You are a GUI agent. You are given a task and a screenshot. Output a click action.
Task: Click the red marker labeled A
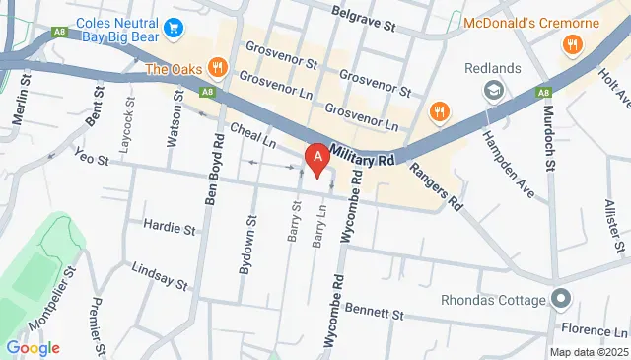pos(317,158)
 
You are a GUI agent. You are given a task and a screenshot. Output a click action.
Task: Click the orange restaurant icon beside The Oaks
pos(218,69)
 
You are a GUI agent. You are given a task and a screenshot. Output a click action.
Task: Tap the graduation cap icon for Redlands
pos(491,91)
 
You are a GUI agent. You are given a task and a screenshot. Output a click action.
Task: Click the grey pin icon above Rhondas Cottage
pos(561,297)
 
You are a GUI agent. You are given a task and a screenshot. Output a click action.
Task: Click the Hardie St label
pos(169,228)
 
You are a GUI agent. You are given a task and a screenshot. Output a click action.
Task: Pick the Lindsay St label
pos(159,274)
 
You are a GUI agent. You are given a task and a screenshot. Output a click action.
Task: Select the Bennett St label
pos(375,314)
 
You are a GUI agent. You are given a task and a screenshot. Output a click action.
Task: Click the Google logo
pos(33,347)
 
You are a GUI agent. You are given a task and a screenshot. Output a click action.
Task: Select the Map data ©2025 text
pos(588,352)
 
